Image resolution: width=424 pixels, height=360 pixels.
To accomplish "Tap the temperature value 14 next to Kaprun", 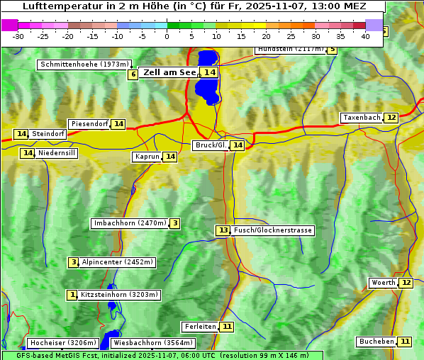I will click(x=169, y=157).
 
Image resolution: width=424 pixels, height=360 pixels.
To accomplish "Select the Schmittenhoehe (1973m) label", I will click(x=84, y=64).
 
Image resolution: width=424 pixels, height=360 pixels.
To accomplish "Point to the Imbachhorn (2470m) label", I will click(x=130, y=223).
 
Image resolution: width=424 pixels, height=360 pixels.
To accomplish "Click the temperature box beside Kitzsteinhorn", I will click(x=72, y=295).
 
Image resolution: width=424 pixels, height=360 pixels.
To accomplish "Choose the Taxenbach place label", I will click(x=362, y=118).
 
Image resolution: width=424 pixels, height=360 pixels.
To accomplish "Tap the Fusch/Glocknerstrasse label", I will click(x=273, y=230).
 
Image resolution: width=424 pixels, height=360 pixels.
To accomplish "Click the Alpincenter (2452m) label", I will click(x=117, y=262).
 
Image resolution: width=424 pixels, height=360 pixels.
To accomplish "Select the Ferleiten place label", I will click(x=199, y=327).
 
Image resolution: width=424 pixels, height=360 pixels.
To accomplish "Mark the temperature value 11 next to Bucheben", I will click(x=405, y=342).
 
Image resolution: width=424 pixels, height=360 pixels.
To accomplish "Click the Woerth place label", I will click(x=384, y=283).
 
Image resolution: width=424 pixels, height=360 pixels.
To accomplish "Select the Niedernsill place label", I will click(x=57, y=153).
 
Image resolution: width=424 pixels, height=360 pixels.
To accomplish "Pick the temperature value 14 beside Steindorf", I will click(x=21, y=134).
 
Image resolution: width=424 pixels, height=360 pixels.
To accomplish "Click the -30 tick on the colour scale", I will click(x=18, y=35).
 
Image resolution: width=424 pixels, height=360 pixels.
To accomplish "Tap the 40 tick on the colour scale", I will click(x=364, y=35).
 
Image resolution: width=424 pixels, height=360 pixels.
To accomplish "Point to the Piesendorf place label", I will click(x=89, y=124).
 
